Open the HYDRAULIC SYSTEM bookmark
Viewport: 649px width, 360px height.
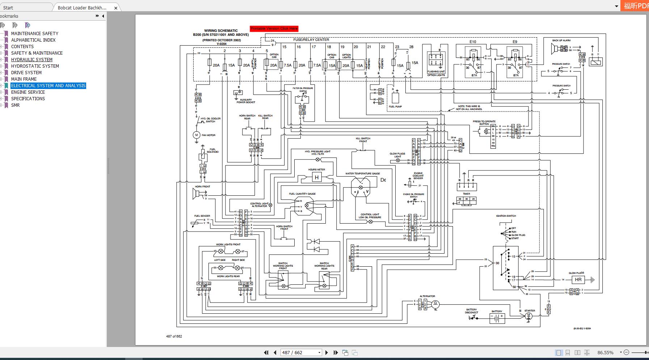click(x=31, y=60)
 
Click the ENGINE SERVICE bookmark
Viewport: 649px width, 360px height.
click(x=28, y=92)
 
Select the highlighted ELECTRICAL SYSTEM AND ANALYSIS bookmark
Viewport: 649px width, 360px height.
click(x=48, y=86)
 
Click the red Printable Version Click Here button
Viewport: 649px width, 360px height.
click(x=274, y=29)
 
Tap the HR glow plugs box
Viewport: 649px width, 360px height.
click(x=578, y=280)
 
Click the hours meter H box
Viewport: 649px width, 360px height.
click(x=317, y=177)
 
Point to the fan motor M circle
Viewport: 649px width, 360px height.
click(x=197, y=135)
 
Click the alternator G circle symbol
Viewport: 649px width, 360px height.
click(x=435, y=304)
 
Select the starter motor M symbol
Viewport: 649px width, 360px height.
click(x=528, y=316)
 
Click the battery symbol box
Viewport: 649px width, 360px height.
click(x=497, y=318)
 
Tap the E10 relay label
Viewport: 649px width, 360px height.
click(x=473, y=42)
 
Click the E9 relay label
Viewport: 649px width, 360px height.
click(x=515, y=42)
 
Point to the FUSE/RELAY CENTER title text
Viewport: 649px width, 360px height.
click(x=311, y=40)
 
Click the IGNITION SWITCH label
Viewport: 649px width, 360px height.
click(x=506, y=216)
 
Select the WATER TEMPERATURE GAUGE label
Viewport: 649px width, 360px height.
click(x=362, y=174)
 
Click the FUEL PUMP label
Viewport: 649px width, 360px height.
click(x=395, y=107)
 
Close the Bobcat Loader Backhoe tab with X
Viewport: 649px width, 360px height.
click(x=116, y=8)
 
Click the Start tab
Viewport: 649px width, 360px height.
click(x=8, y=8)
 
